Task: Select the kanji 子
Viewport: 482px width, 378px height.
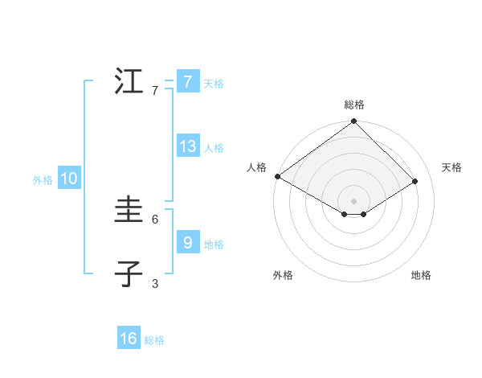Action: coord(129,274)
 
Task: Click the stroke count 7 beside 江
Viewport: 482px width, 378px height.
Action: coord(155,91)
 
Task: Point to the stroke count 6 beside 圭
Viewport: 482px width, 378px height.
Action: coord(155,219)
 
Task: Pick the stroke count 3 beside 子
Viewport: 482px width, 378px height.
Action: coord(155,283)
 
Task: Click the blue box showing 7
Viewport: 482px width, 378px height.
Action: coord(187,81)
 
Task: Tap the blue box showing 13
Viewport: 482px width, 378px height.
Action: coord(187,146)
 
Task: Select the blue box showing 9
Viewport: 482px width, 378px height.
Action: coord(187,242)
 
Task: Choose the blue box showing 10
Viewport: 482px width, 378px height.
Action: coord(68,179)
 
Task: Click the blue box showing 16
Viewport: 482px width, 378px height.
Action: coord(129,339)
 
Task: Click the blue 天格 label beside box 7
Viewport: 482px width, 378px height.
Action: coord(214,83)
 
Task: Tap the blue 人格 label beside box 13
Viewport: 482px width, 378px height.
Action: coord(214,148)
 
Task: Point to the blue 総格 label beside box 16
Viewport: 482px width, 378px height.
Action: coord(154,340)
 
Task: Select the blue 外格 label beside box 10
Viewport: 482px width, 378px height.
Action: coord(43,180)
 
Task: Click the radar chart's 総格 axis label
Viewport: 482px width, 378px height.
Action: coord(354,105)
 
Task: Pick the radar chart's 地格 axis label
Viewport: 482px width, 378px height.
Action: coord(421,276)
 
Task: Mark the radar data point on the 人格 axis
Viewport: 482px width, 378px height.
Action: coord(277,176)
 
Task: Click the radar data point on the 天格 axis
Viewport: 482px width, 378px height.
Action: coord(415,181)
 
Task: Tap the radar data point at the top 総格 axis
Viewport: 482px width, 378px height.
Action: coord(354,121)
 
